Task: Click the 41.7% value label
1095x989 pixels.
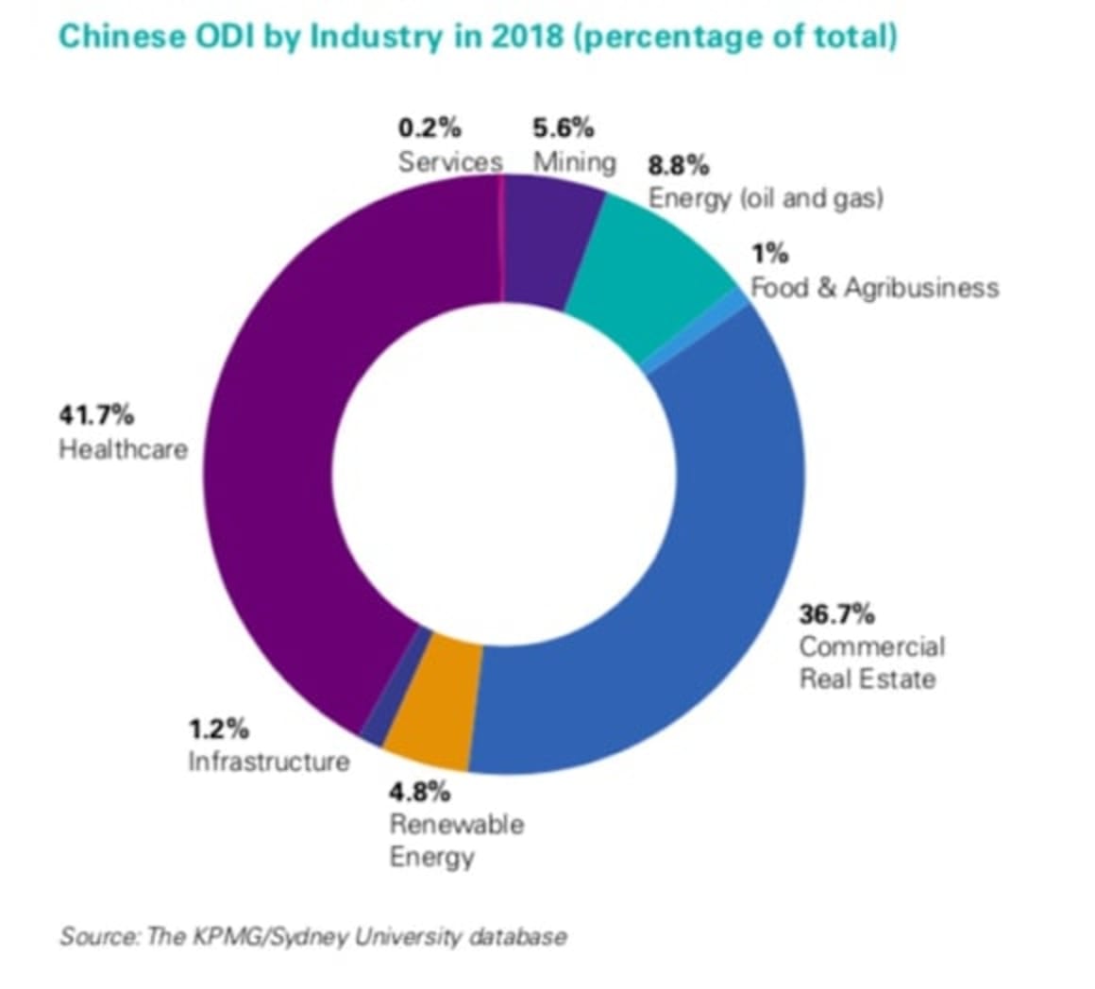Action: pyautogui.click(x=96, y=414)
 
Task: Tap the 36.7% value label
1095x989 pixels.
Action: pyautogui.click(x=836, y=614)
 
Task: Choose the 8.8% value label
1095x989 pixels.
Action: pyautogui.click(x=678, y=166)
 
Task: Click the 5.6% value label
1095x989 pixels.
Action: pyautogui.click(x=563, y=127)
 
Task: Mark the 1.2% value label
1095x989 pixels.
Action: pyautogui.click(x=218, y=729)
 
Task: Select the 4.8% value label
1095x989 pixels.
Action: pyautogui.click(x=419, y=791)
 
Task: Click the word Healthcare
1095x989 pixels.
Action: pyautogui.click(x=124, y=448)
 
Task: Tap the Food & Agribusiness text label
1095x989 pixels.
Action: pyautogui.click(x=874, y=288)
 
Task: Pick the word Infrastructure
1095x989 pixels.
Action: pyautogui.click(x=268, y=761)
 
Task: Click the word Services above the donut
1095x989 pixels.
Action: pyautogui.click(x=449, y=161)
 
